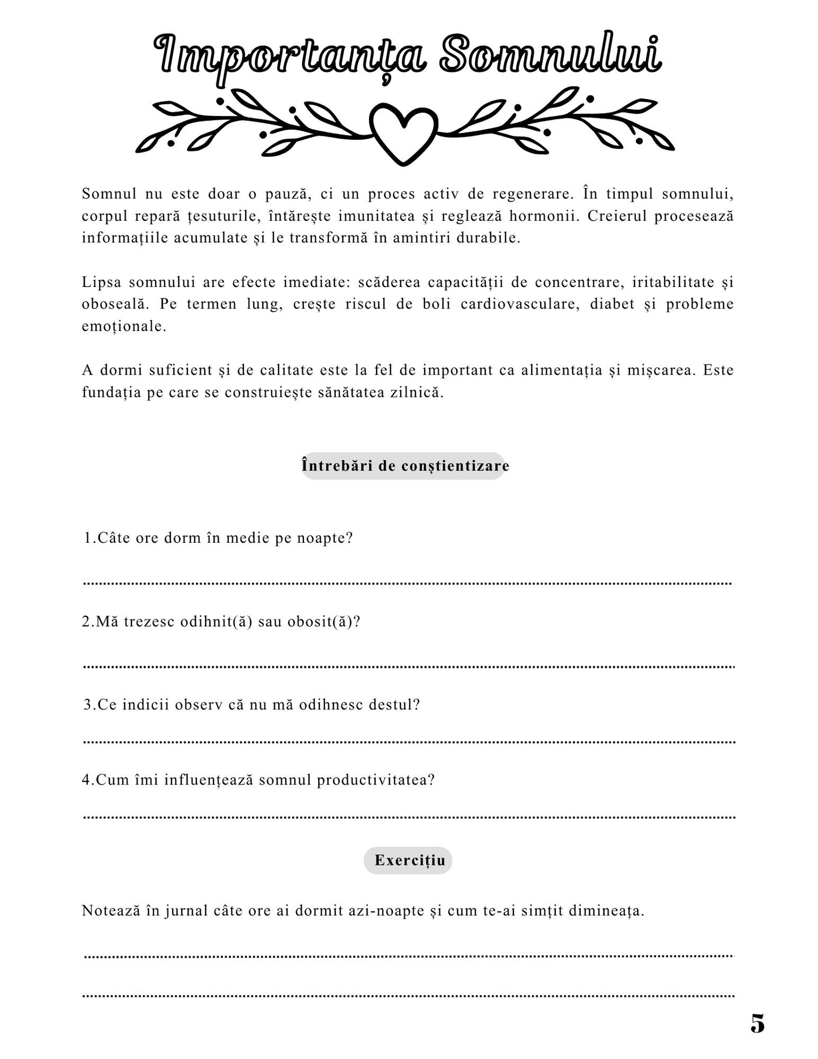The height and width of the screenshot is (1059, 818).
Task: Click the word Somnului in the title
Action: pos(550,55)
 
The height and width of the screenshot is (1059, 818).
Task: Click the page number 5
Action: pos(757,1024)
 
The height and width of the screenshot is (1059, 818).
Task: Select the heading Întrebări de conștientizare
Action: pos(405,466)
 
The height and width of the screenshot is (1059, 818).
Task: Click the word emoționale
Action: pos(124,327)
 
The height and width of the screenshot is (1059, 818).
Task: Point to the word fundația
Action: pos(111,393)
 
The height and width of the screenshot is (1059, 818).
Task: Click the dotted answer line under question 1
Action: pos(408,582)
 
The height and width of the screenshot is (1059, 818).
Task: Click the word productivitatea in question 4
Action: pos(375,780)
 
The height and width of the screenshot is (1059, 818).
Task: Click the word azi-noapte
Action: pos(386,911)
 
